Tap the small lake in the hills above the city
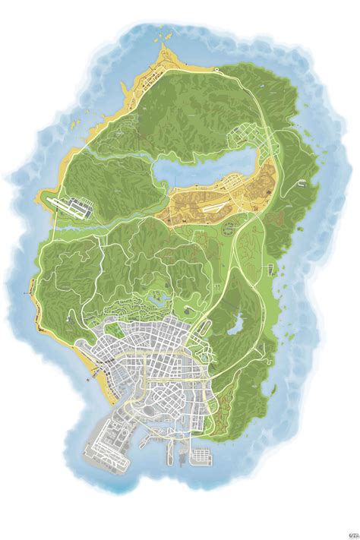pyautogui.click(x=156, y=301)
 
